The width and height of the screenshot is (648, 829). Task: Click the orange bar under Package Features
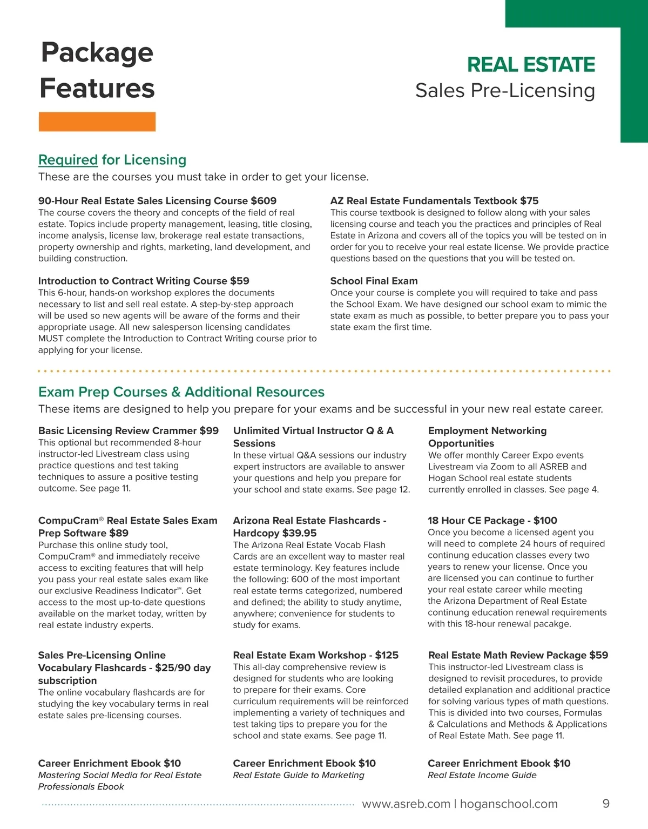[x=97, y=122]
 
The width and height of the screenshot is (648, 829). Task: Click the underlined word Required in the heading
[x=68, y=160]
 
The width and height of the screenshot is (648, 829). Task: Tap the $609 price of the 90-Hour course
[x=264, y=201]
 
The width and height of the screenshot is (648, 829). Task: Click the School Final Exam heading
[x=374, y=281]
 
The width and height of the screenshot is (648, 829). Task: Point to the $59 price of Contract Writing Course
[x=240, y=281]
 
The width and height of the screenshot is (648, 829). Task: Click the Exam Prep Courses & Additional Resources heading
[x=181, y=392]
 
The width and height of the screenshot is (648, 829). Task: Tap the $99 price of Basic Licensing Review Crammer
[x=209, y=431]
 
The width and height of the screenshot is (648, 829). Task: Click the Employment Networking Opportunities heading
[x=487, y=437]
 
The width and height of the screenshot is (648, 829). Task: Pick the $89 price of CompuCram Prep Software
[x=118, y=533]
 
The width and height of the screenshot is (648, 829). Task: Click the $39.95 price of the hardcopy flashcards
[x=299, y=533]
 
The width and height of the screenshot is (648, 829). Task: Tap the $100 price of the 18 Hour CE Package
[x=545, y=521]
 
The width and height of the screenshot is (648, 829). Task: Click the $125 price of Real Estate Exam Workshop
[x=387, y=655]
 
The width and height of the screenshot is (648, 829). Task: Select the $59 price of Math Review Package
[x=598, y=655]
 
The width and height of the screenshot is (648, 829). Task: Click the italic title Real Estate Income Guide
[x=482, y=776]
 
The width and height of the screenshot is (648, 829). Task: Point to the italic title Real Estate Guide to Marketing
[x=299, y=776]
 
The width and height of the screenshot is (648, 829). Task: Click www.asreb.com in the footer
[x=406, y=804]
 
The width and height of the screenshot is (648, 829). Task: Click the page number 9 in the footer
[x=606, y=804]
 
